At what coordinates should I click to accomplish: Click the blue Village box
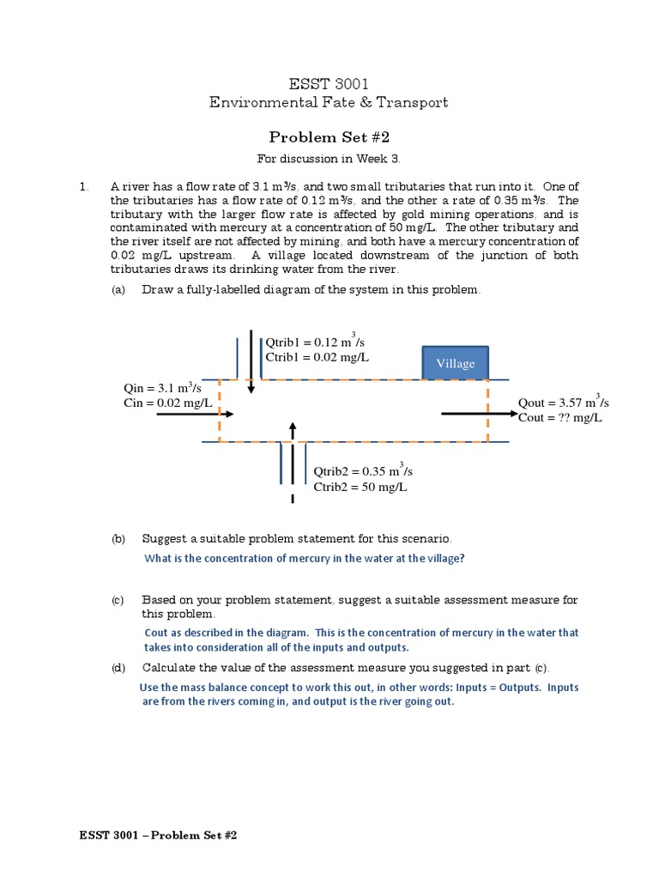click(455, 363)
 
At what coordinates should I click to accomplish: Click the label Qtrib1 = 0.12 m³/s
click(316, 343)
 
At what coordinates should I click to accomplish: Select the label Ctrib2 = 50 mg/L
click(360, 487)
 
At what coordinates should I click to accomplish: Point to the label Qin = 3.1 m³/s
click(163, 388)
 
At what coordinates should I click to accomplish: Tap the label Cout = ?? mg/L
click(560, 417)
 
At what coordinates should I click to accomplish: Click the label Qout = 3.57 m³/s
click(564, 402)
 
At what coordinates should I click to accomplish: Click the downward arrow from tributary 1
click(251, 361)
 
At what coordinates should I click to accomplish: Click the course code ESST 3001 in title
click(329, 83)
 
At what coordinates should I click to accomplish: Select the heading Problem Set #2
click(329, 136)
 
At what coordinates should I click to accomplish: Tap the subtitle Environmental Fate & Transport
click(329, 103)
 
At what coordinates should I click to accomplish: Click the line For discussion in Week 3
click(329, 159)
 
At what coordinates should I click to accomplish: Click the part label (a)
click(118, 289)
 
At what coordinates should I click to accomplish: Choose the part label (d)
click(118, 668)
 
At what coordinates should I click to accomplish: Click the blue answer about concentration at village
click(305, 558)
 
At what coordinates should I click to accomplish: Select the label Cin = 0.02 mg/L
click(167, 403)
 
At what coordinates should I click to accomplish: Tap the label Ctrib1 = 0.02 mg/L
click(317, 357)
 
